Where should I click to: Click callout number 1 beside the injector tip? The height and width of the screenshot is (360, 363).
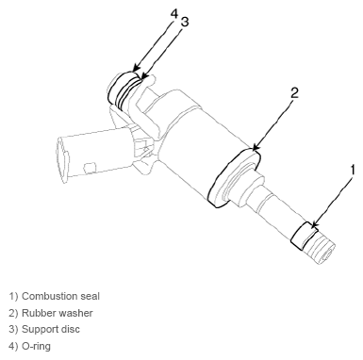353,170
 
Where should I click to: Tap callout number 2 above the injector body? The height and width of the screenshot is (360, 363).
294,93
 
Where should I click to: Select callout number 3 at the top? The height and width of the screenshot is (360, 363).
185,22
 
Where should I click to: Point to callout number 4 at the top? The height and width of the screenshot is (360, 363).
174,14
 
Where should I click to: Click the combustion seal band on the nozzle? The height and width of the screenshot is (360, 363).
305,236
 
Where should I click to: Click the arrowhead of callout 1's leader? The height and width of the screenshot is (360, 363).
314,225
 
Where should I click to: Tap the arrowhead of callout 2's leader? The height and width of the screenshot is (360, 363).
256,147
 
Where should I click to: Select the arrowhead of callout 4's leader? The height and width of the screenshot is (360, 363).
136,68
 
